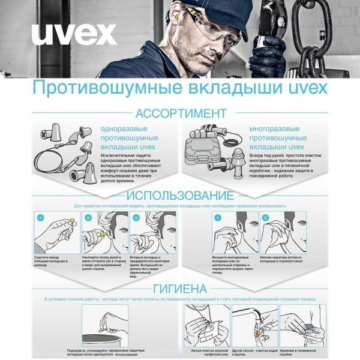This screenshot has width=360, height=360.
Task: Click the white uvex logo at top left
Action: pyautogui.click(x=74, y=34)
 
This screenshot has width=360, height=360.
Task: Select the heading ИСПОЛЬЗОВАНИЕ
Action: pyautogui.click(x=180, y=196)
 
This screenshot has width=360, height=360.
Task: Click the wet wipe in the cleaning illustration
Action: pyautogui.click(x=207, y=327)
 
